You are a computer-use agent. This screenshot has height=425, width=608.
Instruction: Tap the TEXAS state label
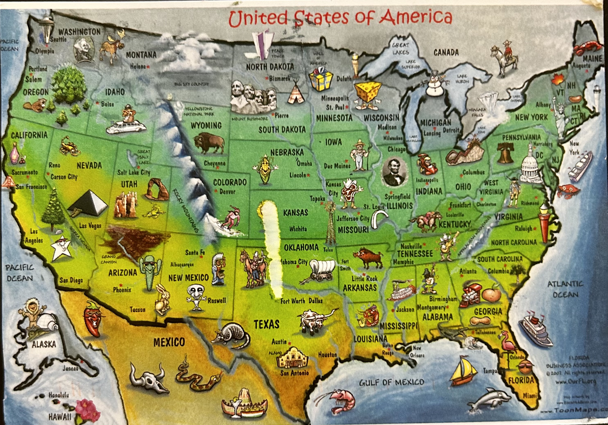266,324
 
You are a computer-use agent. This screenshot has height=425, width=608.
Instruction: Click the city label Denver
227,191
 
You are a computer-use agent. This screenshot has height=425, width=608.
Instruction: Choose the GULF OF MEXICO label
391,382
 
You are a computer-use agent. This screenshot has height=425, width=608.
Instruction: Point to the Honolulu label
59,395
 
